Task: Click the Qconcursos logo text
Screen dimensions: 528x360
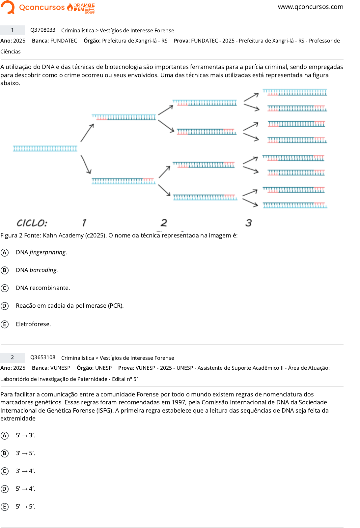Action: click(x=42, y=7)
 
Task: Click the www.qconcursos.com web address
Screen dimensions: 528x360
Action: click(x=310, y=7)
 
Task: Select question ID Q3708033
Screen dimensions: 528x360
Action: click(x=43, y=30)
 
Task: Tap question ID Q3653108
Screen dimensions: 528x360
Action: click(x=43, y=357)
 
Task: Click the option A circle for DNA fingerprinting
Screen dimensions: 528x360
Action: click(x=5, y=253)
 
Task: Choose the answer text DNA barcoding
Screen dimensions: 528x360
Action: click(x=37, y=270)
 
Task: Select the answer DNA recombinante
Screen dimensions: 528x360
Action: click(x=43, y=288)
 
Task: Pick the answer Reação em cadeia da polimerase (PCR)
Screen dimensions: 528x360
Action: click(x=69, y=306)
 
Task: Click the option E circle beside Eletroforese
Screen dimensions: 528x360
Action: click(x=5, y=324)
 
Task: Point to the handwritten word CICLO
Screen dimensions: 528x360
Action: click(x=32, y=223)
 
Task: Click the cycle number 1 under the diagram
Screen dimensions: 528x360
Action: click(x=84, y=223)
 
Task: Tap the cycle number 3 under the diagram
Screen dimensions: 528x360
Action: click(x=248, y=223)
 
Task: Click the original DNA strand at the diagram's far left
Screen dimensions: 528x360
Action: click(x=45, y=149)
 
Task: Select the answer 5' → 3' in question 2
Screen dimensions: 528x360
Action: click(x=25, y=435)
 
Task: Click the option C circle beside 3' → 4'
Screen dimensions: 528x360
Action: click(x=5, y=471)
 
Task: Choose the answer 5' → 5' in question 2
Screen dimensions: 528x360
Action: click(x=25, y=507)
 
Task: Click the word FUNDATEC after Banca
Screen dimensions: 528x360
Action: click(x=64, y=41)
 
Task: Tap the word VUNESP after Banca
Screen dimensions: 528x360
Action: click(x=60, y=368)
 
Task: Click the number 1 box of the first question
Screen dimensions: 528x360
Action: click(x=13, y=30)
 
